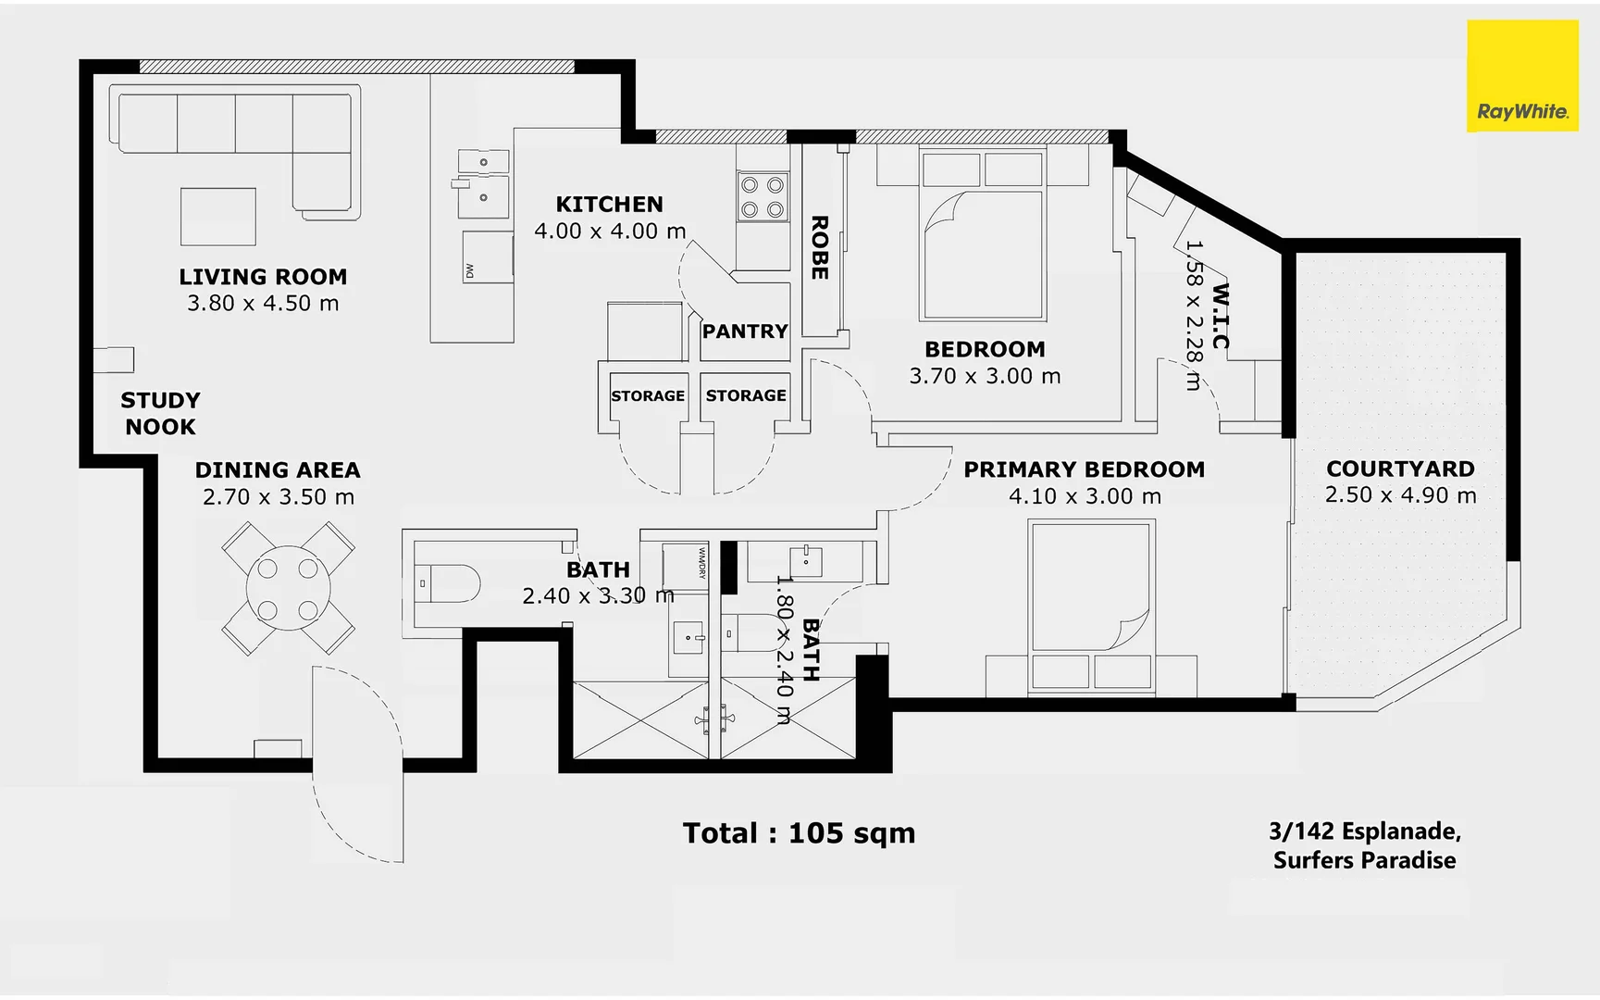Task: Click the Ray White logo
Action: coord(1522,76)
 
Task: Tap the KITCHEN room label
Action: coord(609,205)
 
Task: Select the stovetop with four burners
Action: coord(763,197)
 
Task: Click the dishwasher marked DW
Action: coord(487,257)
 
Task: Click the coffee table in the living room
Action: coord(218,217)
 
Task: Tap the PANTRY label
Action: coord(744,331)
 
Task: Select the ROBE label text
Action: coord(819,248)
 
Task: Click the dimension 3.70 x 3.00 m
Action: coord(985,376)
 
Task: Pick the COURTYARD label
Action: coord(1400,469)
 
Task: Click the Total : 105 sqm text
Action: coord(799,833)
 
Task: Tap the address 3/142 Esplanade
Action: coord(1364,831)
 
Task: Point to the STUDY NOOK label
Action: coord(160,414)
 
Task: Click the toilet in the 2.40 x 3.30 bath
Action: coord(449,584)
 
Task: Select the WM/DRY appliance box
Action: coord(686,564)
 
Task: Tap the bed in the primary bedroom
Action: coord(1091,606)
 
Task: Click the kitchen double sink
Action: coord(484,182)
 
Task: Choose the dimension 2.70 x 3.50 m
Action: coord(279,497)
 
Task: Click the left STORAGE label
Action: coord(648,396)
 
